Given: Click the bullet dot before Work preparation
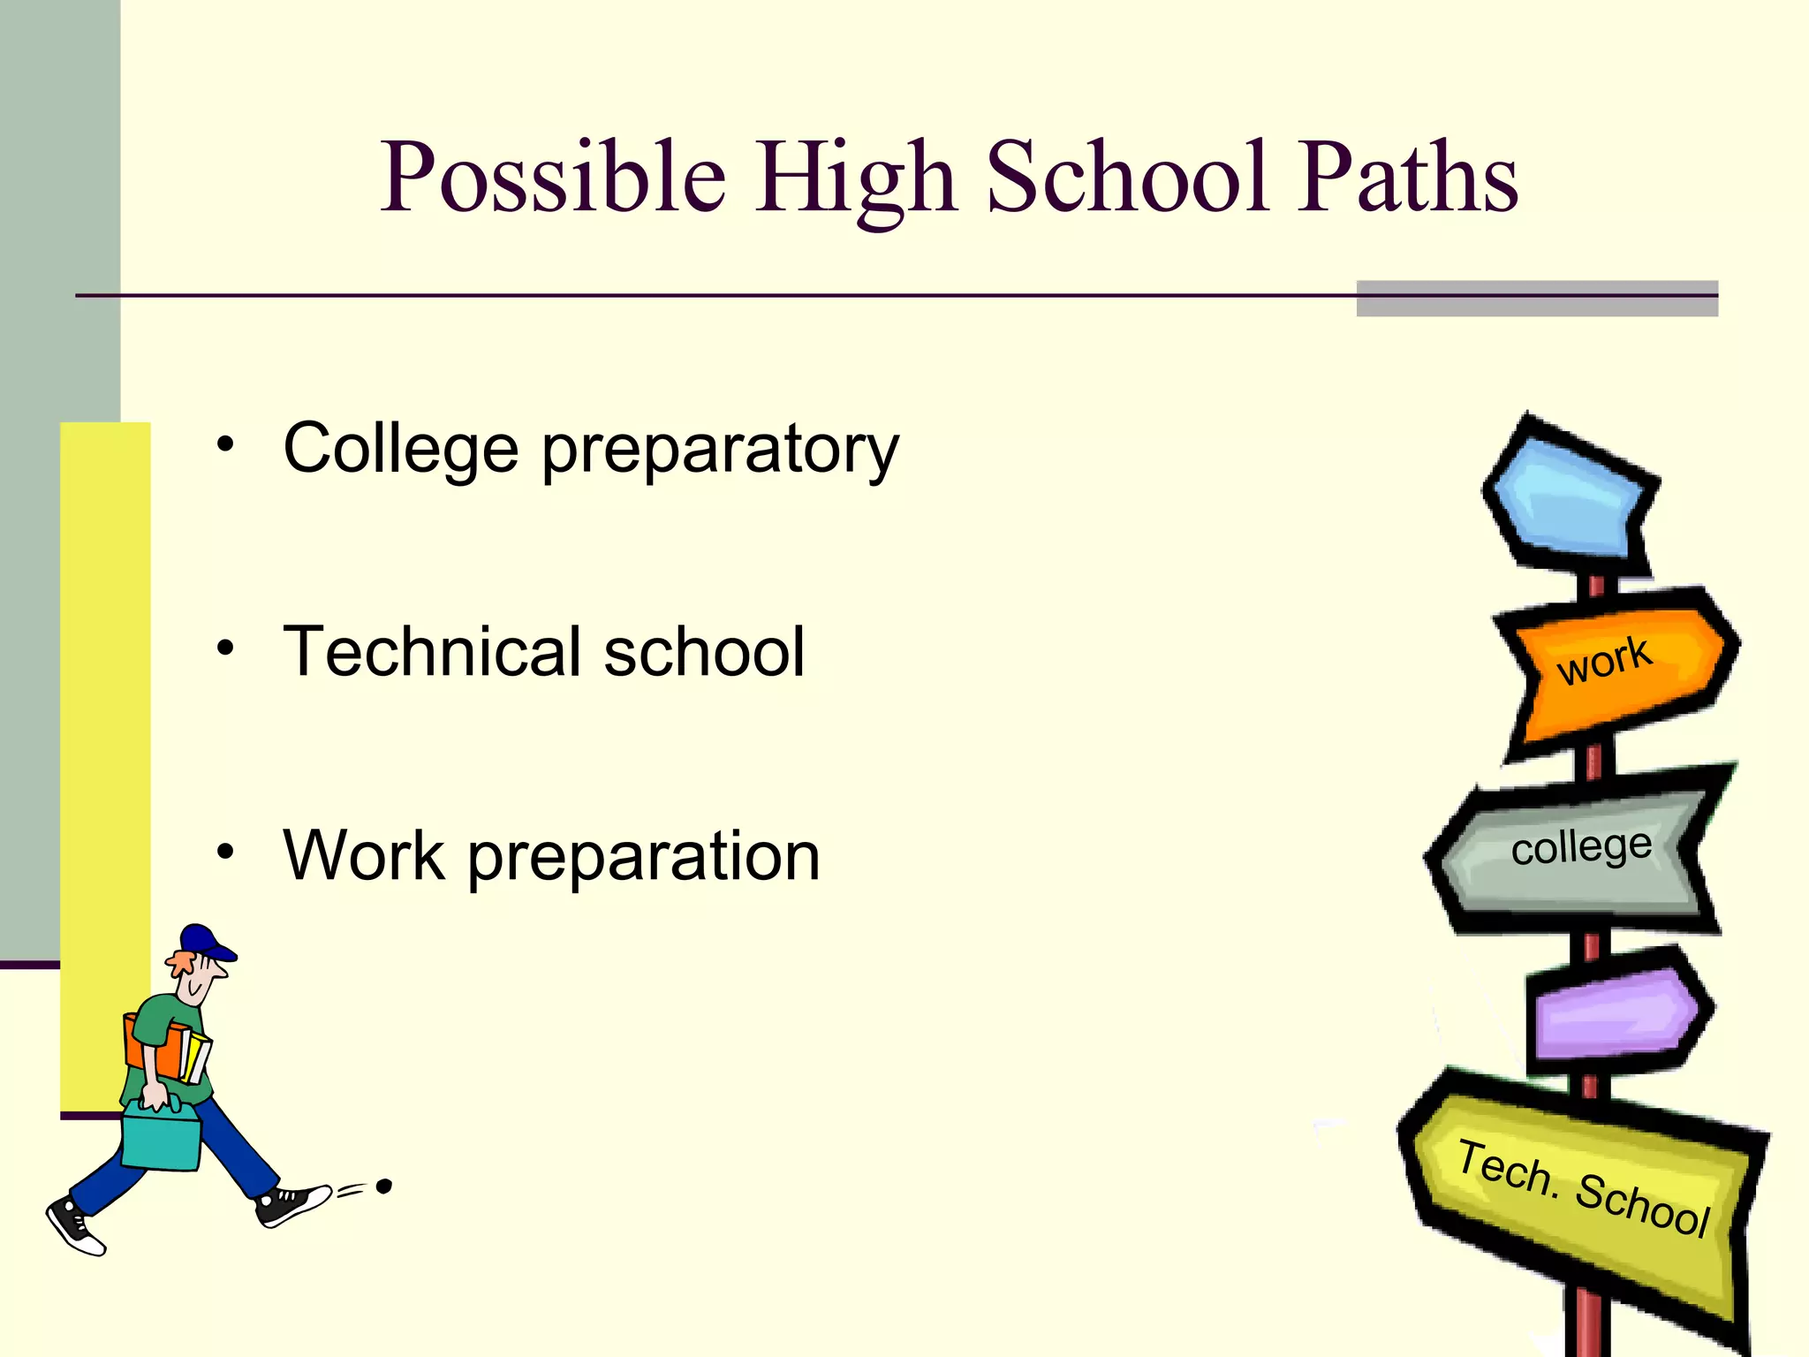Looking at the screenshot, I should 226,852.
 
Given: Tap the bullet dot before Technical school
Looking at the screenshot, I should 226,648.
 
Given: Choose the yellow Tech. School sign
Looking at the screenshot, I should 1581,1193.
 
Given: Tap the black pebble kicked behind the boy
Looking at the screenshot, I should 383,1186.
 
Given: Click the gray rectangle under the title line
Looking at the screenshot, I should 1537,299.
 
